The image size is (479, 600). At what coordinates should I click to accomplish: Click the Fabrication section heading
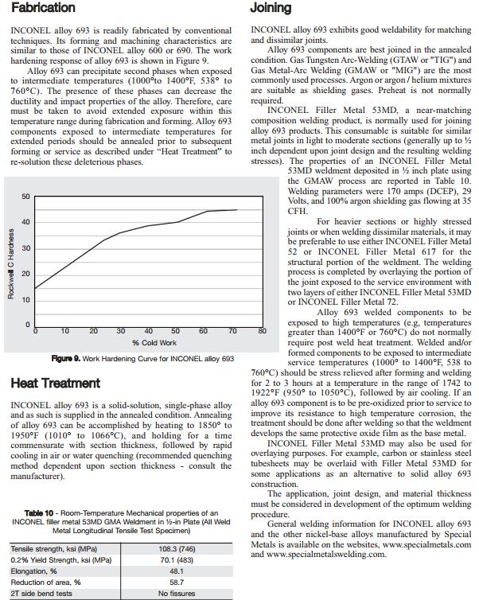[43, 8]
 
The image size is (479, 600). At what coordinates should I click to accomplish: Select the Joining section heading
[271, 8]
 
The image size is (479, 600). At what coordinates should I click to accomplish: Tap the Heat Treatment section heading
[56, 383]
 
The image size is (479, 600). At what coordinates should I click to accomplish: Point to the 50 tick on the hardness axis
[25, 197]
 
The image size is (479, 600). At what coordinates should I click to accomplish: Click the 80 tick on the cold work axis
[260, 331]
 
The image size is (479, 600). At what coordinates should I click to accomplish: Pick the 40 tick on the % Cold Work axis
[148, 331]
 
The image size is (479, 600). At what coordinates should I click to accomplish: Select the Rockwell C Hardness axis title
[10, 263]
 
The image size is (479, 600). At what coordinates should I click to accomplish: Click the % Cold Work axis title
[154, 343]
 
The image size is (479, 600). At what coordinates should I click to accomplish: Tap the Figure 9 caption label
[68, 359]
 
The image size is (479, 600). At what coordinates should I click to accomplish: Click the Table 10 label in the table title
[41, 513]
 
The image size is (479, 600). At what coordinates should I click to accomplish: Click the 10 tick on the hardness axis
[25, 300]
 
